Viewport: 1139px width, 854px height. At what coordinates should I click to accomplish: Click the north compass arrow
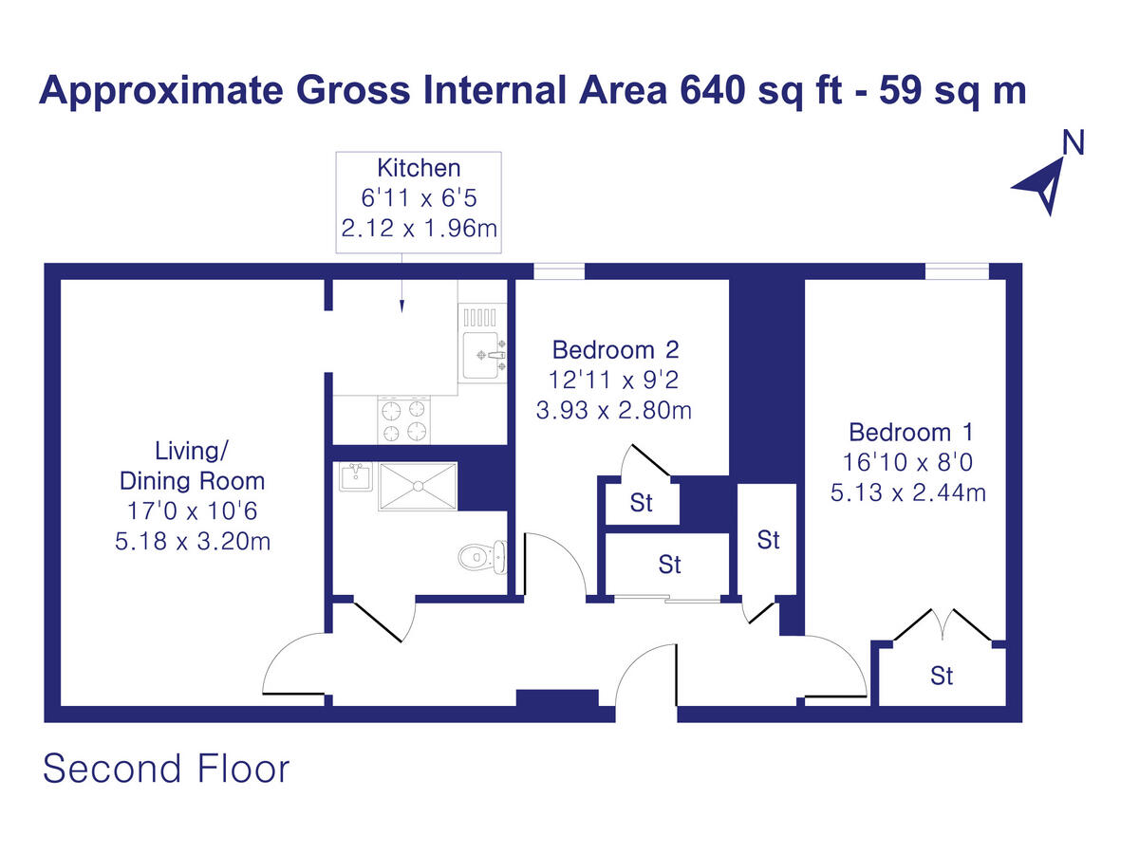[x=1041, y=183]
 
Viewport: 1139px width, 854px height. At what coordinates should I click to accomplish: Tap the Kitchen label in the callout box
[x=419, y=168]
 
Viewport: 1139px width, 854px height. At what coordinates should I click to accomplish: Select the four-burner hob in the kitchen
[x=404, y=420]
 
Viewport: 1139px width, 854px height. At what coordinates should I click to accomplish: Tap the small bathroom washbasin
[x=355, y=476]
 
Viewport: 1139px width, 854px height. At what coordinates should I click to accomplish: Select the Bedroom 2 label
[x=616, y=349]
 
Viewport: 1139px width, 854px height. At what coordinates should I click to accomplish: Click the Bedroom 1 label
[x=910, y=433]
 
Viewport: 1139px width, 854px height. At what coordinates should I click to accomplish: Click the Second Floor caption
[x=166, y=769]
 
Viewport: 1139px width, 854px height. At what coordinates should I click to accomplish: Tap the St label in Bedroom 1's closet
[x=941, y=676]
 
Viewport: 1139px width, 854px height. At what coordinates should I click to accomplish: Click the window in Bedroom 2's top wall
[x=558, y=272]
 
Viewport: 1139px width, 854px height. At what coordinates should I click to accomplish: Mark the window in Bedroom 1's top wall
[x=956, y=272]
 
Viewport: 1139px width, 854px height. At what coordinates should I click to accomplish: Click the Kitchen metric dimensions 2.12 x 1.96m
[x=419, y=229]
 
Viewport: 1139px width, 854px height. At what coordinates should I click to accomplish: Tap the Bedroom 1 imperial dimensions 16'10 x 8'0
[x=910, y=463]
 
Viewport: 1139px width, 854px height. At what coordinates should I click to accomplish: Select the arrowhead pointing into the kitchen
[x=402, y=306]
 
